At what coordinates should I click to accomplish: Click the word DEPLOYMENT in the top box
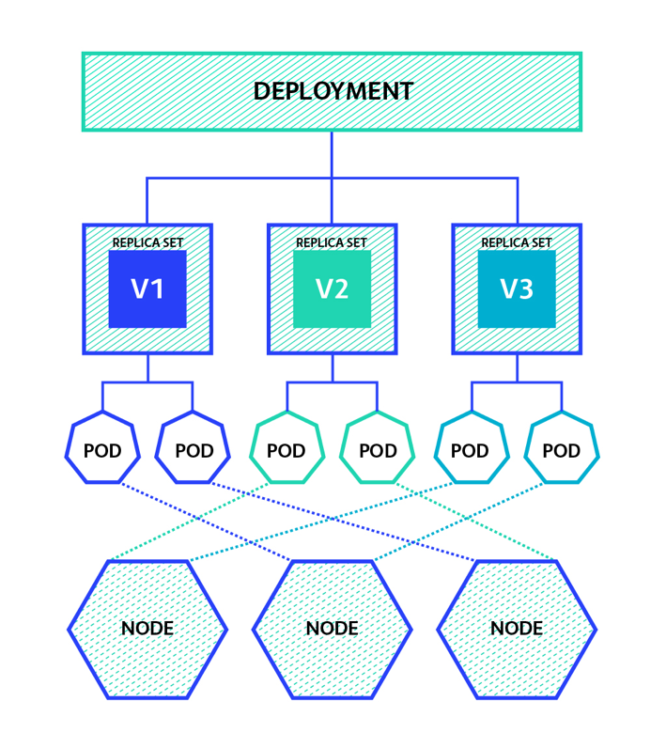point(333,91)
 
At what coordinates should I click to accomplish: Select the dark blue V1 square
point(147,289)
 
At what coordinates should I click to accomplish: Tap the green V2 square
point(332,289)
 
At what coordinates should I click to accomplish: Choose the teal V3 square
point(517,289)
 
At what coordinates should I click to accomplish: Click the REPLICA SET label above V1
point(147,242)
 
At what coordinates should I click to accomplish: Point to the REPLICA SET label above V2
point(332,242)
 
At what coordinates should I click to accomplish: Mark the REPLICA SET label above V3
point(517,242)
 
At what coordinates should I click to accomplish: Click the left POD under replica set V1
point(102,450)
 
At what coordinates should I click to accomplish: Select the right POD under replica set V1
point(194,450)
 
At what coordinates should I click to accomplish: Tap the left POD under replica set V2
point(287,450)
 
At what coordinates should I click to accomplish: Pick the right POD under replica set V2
point(378,450)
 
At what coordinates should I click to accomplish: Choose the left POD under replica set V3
point(471,450)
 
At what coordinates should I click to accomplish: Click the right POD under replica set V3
point(562,450)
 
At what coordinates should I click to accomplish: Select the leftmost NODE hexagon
point(147,628)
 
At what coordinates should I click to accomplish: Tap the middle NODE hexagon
point(332,628)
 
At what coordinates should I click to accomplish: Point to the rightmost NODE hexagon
point(517,628)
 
